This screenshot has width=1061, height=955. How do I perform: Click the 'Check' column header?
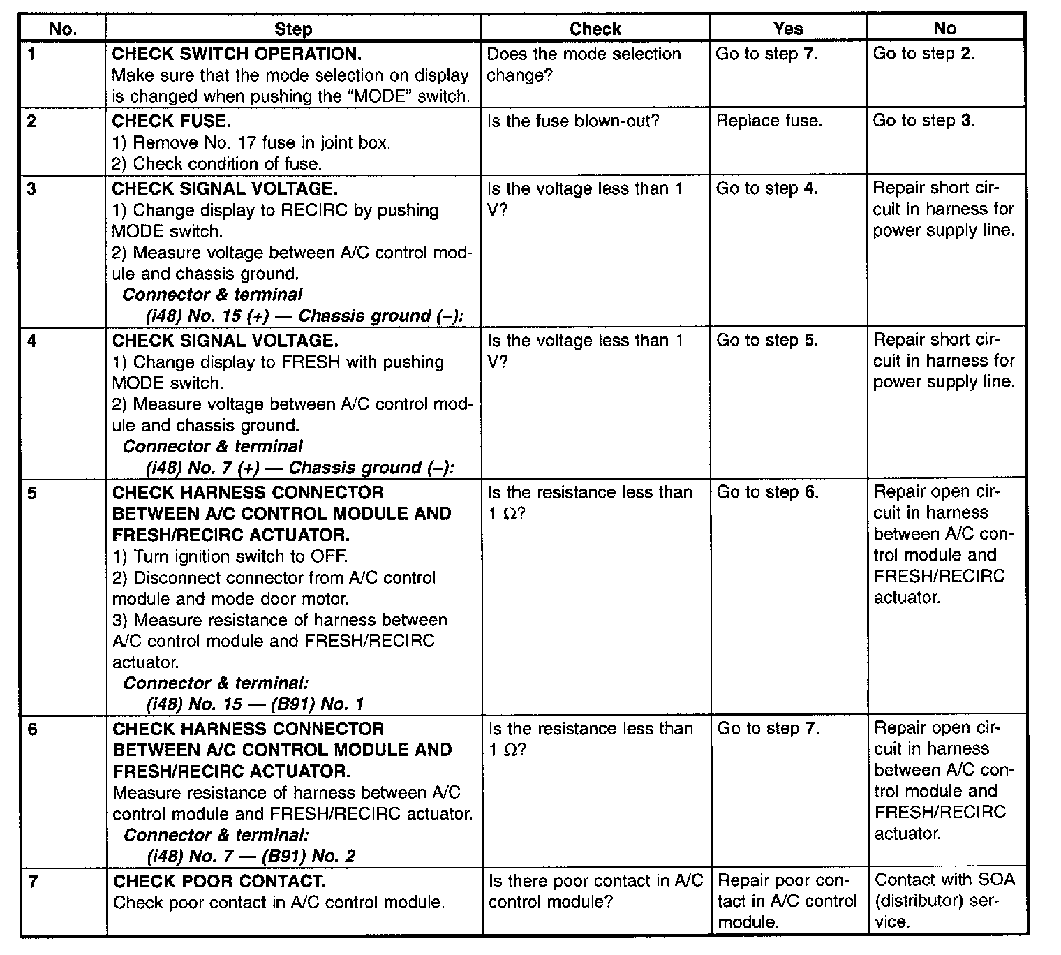[x=595, y=29]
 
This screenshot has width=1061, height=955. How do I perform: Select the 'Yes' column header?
[x=787, y=29]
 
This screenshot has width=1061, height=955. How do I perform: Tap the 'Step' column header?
[x=293, y=29]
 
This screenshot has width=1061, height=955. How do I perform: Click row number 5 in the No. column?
[x=33, y=494]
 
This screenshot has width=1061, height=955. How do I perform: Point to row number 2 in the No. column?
[x=31, y=121]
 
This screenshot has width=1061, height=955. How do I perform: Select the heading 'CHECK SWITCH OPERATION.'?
[x=237, y=54]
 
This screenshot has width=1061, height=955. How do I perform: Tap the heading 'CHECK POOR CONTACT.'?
[x=219, y=881]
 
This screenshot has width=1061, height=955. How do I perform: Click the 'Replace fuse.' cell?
[x=769, y=121]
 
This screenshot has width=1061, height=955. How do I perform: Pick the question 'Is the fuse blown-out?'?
[x=573, y=121]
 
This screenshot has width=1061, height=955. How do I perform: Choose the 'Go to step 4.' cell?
[x=766, y=188]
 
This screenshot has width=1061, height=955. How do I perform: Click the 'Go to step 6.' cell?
[x=767, y=492]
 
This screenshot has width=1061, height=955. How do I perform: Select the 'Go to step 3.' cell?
[x=923, y=121]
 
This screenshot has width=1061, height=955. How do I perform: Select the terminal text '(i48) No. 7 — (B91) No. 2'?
[x=251, y=856]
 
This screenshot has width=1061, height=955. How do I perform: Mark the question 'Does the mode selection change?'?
[x=583, y=64]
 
